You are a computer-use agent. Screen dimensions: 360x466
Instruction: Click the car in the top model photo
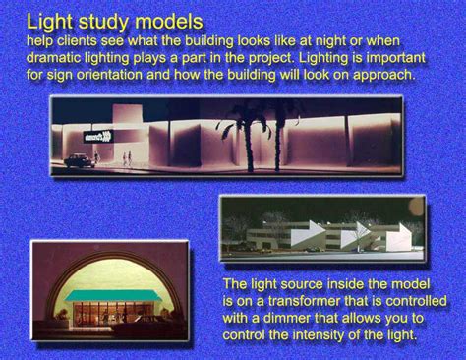(77, 159)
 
